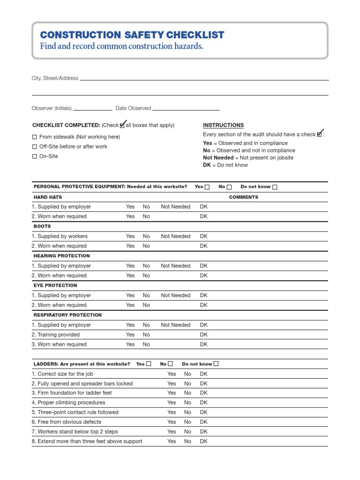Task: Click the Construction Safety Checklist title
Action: [x=132, y=35]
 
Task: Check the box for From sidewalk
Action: [x=34, y=137]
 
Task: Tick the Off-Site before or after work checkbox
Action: [x=34, y=147]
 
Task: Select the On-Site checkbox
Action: [x=34, y=157]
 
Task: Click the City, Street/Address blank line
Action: [x=204, y=80]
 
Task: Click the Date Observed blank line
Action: [x=186, y=109]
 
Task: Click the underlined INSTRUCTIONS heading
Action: [x=223, y=125]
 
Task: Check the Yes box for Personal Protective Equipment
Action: [x=207, y=187]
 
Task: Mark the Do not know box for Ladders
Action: [x=216, y=364]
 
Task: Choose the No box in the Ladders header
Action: [x=171, y=364]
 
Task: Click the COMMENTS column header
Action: [x=243, y=197]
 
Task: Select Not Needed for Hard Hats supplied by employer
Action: [x=175, y=207]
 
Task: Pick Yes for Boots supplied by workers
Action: [x=130, y=236]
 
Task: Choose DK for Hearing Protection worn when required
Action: [x=203, y=276]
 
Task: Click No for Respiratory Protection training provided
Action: [x=146, y=335]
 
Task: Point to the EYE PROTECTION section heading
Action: [x=55, y=285]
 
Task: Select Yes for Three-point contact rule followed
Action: [x=172, y=412]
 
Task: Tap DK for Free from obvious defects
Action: [x=203, y=422]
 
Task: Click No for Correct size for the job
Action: [x=187, y=374]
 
